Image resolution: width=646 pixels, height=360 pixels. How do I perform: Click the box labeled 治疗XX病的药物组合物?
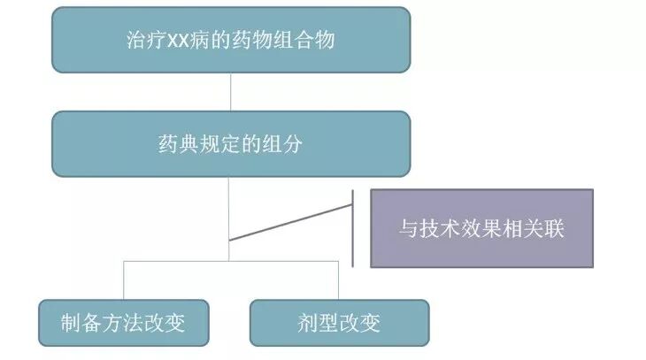[x=230, y=40]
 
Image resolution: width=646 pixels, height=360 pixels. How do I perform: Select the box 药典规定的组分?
[x=230, y=143]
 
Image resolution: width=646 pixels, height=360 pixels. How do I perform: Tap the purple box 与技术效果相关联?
[x=481, y=228]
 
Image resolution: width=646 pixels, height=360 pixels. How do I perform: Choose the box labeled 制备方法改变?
[x=124, y=322]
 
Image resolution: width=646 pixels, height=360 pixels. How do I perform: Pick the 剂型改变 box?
[x=339, y=322]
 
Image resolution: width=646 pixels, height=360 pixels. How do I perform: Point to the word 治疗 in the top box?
[x=145, y=41]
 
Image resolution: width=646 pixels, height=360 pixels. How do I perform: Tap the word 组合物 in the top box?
[x=310, y=41]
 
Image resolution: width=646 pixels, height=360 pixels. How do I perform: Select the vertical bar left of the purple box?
[x=352, y=228]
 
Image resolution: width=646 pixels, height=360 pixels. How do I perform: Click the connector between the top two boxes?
[x=230, y=93]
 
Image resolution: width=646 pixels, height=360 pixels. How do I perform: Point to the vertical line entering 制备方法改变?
[x=124, y=280]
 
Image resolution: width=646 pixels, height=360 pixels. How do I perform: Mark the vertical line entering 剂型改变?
[x=339, y=280]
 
